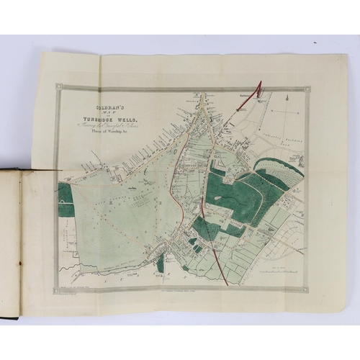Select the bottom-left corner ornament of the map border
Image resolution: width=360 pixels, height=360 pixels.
[60, 289]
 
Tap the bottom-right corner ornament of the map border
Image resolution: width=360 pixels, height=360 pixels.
[309, 289]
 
